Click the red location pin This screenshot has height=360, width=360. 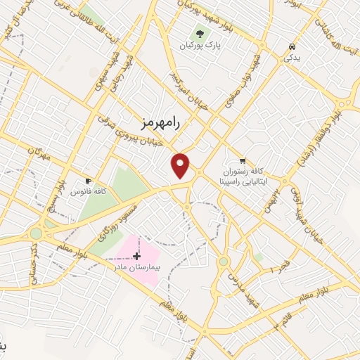(x=181, y=165)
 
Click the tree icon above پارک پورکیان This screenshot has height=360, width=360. (x=200, y=33)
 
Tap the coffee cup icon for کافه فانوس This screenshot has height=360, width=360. (x=89, y=179)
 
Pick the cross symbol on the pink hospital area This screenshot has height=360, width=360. (x=136, y=256)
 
